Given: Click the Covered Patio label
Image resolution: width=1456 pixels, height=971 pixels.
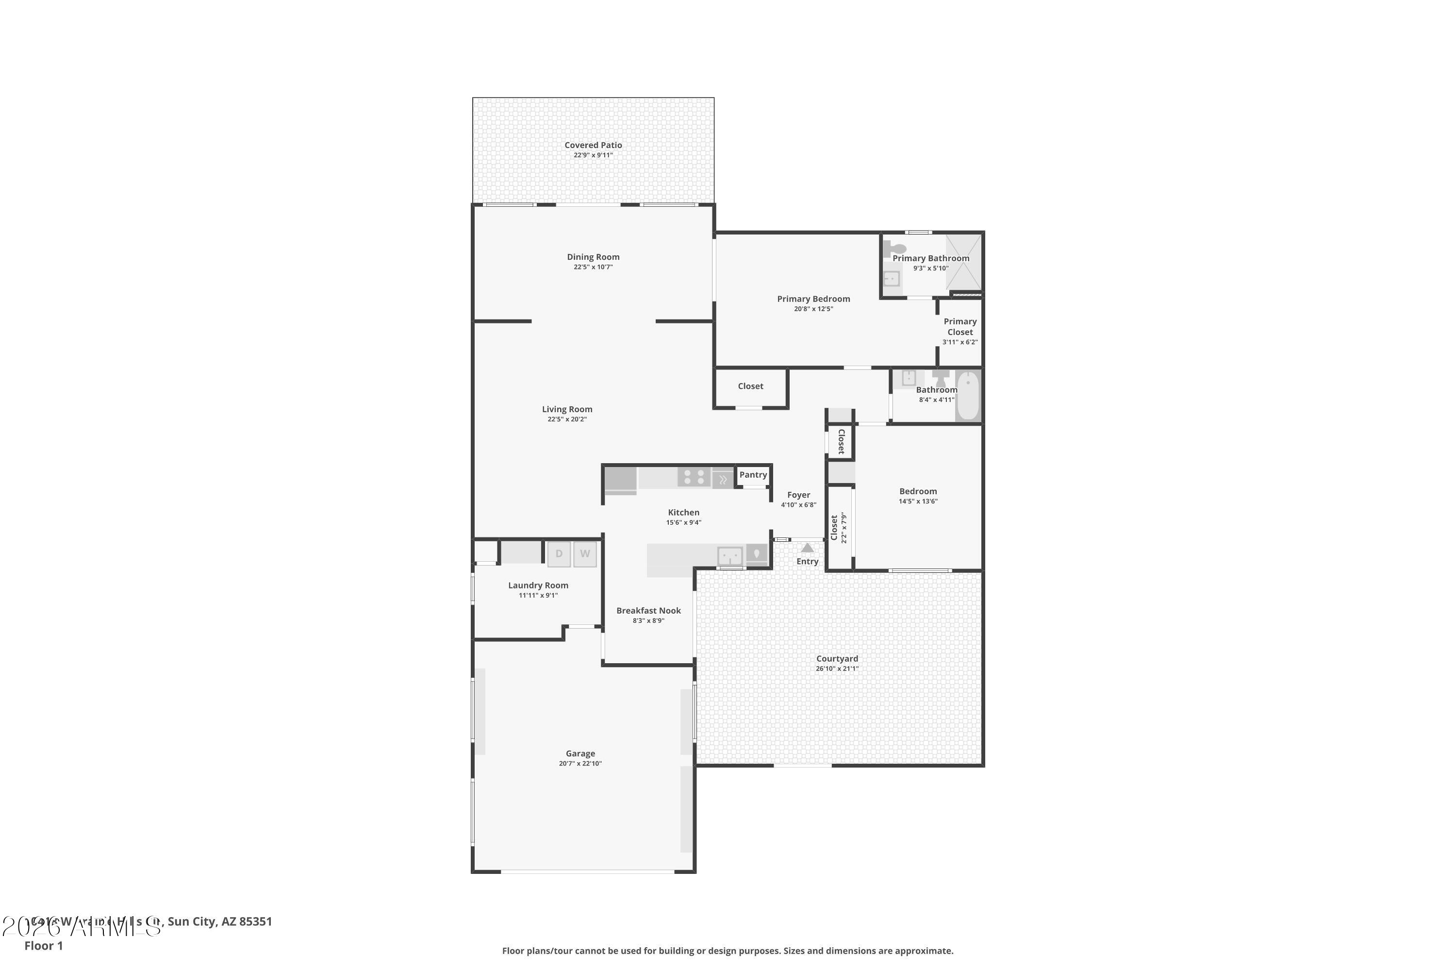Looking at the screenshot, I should click(593, 145).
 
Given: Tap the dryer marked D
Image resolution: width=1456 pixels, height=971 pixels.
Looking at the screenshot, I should click(559, 553).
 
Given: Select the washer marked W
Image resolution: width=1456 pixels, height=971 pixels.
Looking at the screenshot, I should click(584, 553).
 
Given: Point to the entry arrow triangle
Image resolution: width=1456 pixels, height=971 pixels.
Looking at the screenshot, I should click(807, 548).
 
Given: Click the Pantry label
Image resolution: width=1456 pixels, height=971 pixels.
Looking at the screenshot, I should click(753, 474).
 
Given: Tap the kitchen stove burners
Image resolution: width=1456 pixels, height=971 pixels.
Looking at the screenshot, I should click(694, 477).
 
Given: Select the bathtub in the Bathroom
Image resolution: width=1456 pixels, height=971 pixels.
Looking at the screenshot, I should click(968, 395).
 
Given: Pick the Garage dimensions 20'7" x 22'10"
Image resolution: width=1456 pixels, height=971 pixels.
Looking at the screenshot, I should click(580, 764).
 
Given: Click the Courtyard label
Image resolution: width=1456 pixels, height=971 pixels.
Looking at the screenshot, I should click(837, 658).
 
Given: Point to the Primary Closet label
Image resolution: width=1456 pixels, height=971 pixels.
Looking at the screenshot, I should click(960, 326).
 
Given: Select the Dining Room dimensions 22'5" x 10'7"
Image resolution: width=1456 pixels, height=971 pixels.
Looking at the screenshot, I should click(593, 267).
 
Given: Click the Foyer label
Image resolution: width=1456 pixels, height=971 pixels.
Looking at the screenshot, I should click(798, 495).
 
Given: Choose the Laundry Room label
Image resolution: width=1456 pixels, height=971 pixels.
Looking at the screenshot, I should click(538, 585).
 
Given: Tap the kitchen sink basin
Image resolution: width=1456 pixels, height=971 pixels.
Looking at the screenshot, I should click(730, 555).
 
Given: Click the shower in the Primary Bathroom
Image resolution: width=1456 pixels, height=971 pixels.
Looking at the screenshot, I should click(964, 263).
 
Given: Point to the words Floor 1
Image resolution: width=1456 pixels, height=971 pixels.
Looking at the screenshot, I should click(43, 946).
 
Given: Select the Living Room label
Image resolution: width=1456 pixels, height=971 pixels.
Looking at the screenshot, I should click(566, 409).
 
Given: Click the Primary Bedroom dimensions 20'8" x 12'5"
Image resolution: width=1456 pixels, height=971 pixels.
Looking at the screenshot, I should click(813, 309).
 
